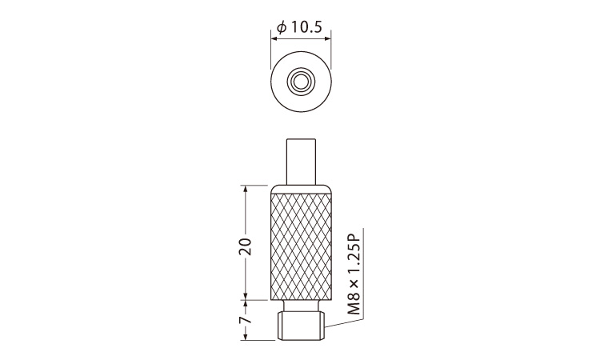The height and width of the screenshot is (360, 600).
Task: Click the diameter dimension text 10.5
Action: pos(307,27)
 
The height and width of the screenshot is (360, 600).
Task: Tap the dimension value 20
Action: pos(245,246)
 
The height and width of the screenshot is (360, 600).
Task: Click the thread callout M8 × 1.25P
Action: pos(355,273)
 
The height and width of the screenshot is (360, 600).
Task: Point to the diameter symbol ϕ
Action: pos(282,27)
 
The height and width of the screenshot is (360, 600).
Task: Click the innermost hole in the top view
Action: pos(301,81)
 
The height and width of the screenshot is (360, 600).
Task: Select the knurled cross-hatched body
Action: pos(301,246)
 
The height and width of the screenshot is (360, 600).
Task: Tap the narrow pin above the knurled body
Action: pos(301,162)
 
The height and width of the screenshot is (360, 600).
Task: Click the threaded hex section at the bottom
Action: pos(301,326)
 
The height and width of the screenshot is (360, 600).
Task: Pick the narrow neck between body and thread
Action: pos(301,306)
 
